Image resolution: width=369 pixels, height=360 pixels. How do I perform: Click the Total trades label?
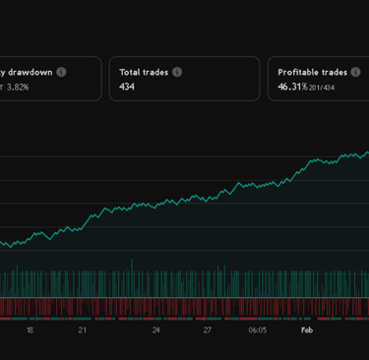144,72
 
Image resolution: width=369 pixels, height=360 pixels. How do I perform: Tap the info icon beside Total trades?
177,72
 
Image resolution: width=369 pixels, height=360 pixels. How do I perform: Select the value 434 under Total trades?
127,87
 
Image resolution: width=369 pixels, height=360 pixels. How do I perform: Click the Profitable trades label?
312,72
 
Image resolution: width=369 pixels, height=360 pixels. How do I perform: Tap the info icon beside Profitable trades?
357,72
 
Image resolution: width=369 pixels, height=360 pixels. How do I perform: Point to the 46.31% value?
292,87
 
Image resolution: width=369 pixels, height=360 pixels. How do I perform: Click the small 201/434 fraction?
321,88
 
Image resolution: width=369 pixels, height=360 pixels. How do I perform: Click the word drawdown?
30,72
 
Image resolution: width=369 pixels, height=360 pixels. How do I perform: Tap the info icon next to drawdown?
61,72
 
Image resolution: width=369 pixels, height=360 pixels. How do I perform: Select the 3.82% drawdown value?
18,88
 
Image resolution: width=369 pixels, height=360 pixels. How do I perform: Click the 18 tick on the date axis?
30,330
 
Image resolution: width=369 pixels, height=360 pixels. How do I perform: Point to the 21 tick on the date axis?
83,330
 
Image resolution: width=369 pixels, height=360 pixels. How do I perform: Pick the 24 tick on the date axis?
155,330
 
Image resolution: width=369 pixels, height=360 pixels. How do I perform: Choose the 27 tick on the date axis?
209,330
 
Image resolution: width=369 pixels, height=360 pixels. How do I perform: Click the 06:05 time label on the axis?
257,330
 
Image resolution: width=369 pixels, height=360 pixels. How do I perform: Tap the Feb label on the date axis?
307,330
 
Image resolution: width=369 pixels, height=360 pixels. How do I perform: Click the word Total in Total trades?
130,72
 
